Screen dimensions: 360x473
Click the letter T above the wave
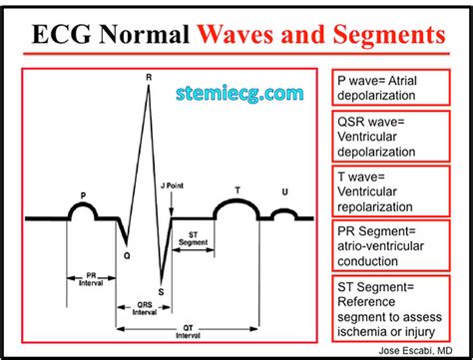click(236, 188)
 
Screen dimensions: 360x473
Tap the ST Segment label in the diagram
click(193, 243)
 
